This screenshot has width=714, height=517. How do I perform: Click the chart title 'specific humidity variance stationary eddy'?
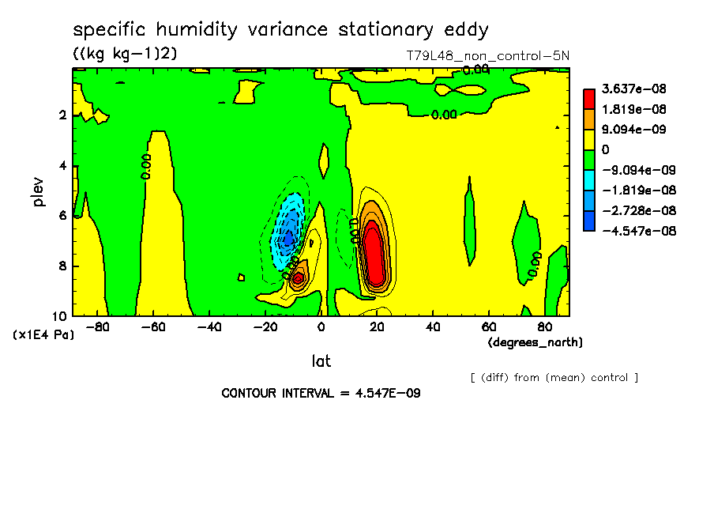pyautogui.click(x=280, y=30)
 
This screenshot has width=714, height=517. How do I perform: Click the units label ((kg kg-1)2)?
pyautogui.click(x=125, y=53)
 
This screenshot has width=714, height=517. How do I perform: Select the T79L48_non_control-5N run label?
pyautogui.click(x=484, y=55)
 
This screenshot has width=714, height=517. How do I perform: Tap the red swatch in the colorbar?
pyautogui.click(x=589, y=98)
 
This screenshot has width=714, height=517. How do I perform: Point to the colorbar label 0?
pyautogui.click(x=605, y=149)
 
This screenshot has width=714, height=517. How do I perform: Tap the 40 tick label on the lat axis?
pyautogui.click(x=432, y=326)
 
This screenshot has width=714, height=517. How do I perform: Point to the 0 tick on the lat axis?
pyautogui.click(x=321, y=326)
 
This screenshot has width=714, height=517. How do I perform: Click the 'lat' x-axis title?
pyautogui.click(x=321, y=362)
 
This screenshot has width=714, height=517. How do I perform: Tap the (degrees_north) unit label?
pyautogui.click(x=535, y=342)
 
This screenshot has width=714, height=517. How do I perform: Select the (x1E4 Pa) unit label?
pyautogui.click(x=43, y=334)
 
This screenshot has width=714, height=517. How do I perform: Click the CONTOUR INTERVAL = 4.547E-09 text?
pyautogui.click(x=320, y=393)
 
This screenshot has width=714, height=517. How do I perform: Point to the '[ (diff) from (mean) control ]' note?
pyautogui.click(x=554, y=378)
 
